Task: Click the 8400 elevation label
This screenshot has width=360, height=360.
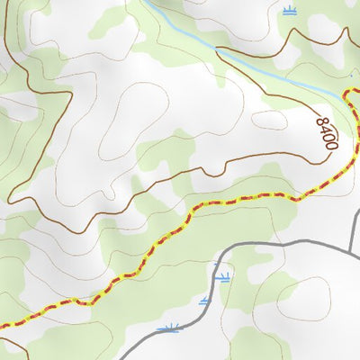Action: pos(327,131)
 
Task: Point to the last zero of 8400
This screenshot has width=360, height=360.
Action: pos(331,145)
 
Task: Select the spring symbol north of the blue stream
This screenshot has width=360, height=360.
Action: pos(288,10)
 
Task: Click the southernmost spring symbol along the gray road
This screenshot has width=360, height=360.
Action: pos(167,328)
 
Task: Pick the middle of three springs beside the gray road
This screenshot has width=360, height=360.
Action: pos(206,301)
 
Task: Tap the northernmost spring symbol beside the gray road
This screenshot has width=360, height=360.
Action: pos(222,277)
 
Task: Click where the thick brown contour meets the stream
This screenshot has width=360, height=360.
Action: pos(349,93)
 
